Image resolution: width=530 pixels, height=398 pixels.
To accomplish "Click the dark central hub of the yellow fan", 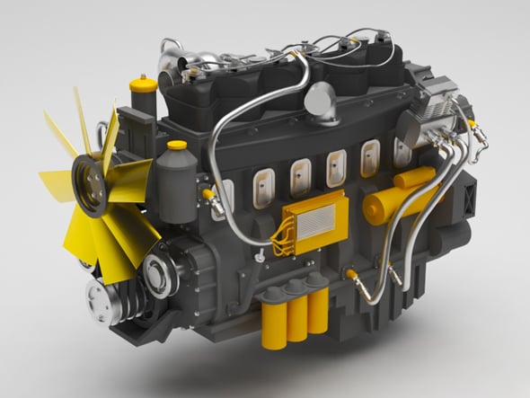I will click(91, 183).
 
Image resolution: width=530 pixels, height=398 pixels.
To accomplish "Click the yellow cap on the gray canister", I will click(177, 145).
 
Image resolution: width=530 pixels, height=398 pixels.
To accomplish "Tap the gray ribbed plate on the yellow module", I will click(316, 218).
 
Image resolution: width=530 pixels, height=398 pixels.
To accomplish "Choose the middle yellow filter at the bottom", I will click(296, 317).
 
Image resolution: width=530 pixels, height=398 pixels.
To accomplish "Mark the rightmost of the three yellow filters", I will click(317, 310).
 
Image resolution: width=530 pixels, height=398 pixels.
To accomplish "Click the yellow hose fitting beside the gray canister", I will click(208, 192).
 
